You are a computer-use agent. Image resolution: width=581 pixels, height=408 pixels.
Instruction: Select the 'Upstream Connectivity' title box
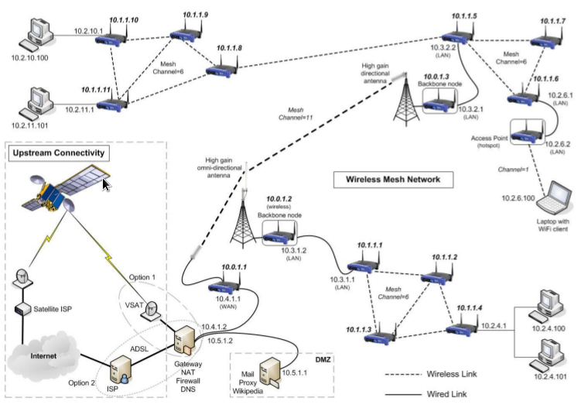coord(59,154)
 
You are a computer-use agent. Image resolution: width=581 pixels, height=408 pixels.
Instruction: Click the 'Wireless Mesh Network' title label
coord(388,180)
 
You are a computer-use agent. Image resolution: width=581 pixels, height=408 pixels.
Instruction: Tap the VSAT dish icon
coord(156,307)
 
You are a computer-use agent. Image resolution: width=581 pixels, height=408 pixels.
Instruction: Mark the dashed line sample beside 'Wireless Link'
coord(402,373)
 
